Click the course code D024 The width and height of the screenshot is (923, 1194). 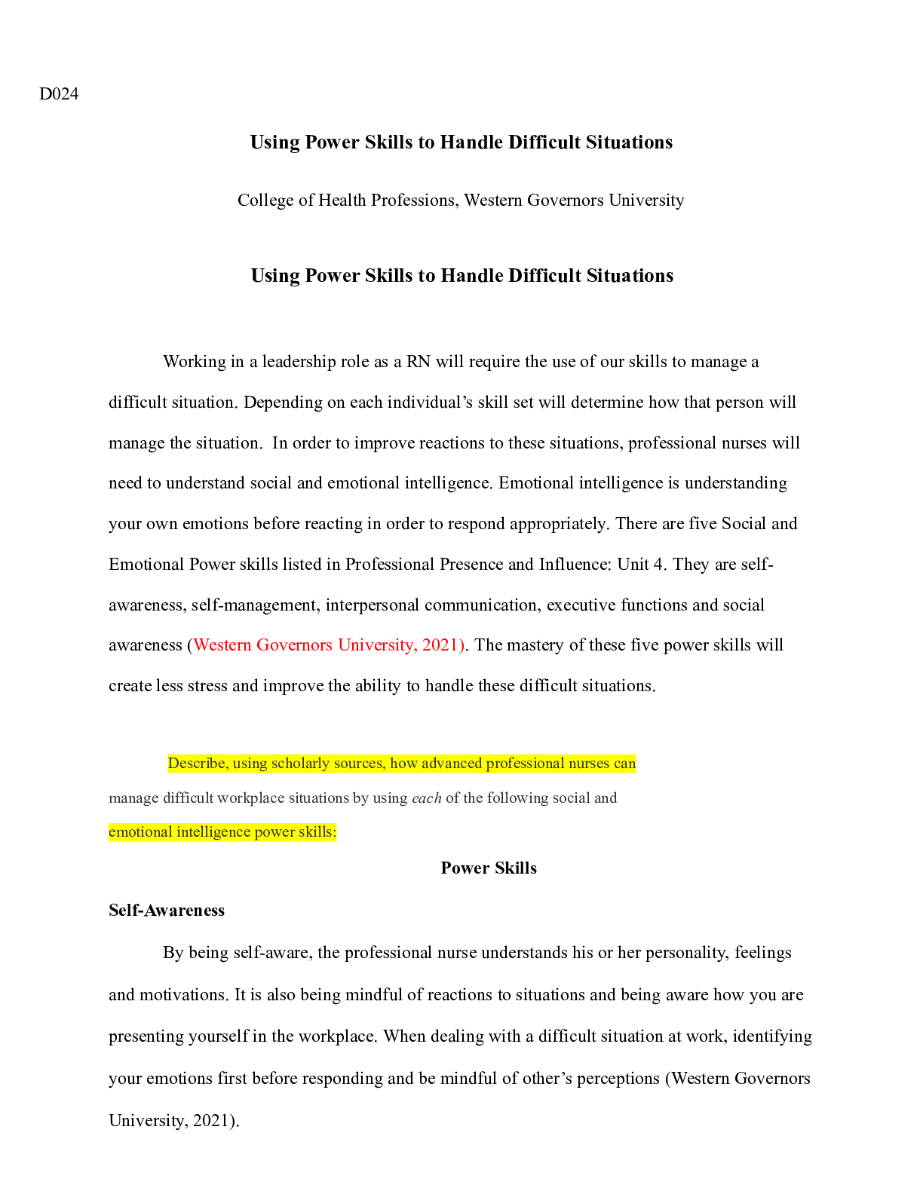pos(58,94)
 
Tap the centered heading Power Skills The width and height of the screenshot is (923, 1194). pos(489,868)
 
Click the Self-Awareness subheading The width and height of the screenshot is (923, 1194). pos(167,911)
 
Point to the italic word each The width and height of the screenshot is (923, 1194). pos(427,798)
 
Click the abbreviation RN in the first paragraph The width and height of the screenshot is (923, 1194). pos(418,362)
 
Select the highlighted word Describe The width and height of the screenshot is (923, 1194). pos(198,764)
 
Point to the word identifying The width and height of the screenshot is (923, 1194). pos(771,1036)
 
